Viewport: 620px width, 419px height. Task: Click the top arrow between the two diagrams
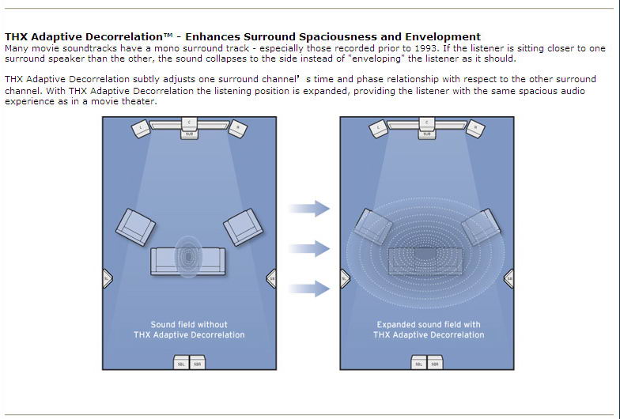click(x=308, y=209)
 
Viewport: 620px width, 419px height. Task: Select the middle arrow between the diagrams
click(x=308, y=248)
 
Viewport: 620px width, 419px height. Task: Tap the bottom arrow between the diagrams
click(x=308, y=289)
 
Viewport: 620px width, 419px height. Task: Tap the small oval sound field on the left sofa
click(x=189, y=256)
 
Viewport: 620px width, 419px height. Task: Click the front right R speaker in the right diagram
click(x=474, y=127)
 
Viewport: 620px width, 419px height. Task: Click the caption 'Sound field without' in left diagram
click(x=189, y=324)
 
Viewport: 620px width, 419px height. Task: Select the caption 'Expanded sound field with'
click(x=428, y=324)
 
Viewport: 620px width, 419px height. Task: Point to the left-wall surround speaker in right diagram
click(x=345, y=278)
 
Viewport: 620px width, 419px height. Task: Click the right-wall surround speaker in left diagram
click(x=270, y=278)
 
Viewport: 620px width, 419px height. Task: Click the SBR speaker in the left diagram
click(x=196, y=363)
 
